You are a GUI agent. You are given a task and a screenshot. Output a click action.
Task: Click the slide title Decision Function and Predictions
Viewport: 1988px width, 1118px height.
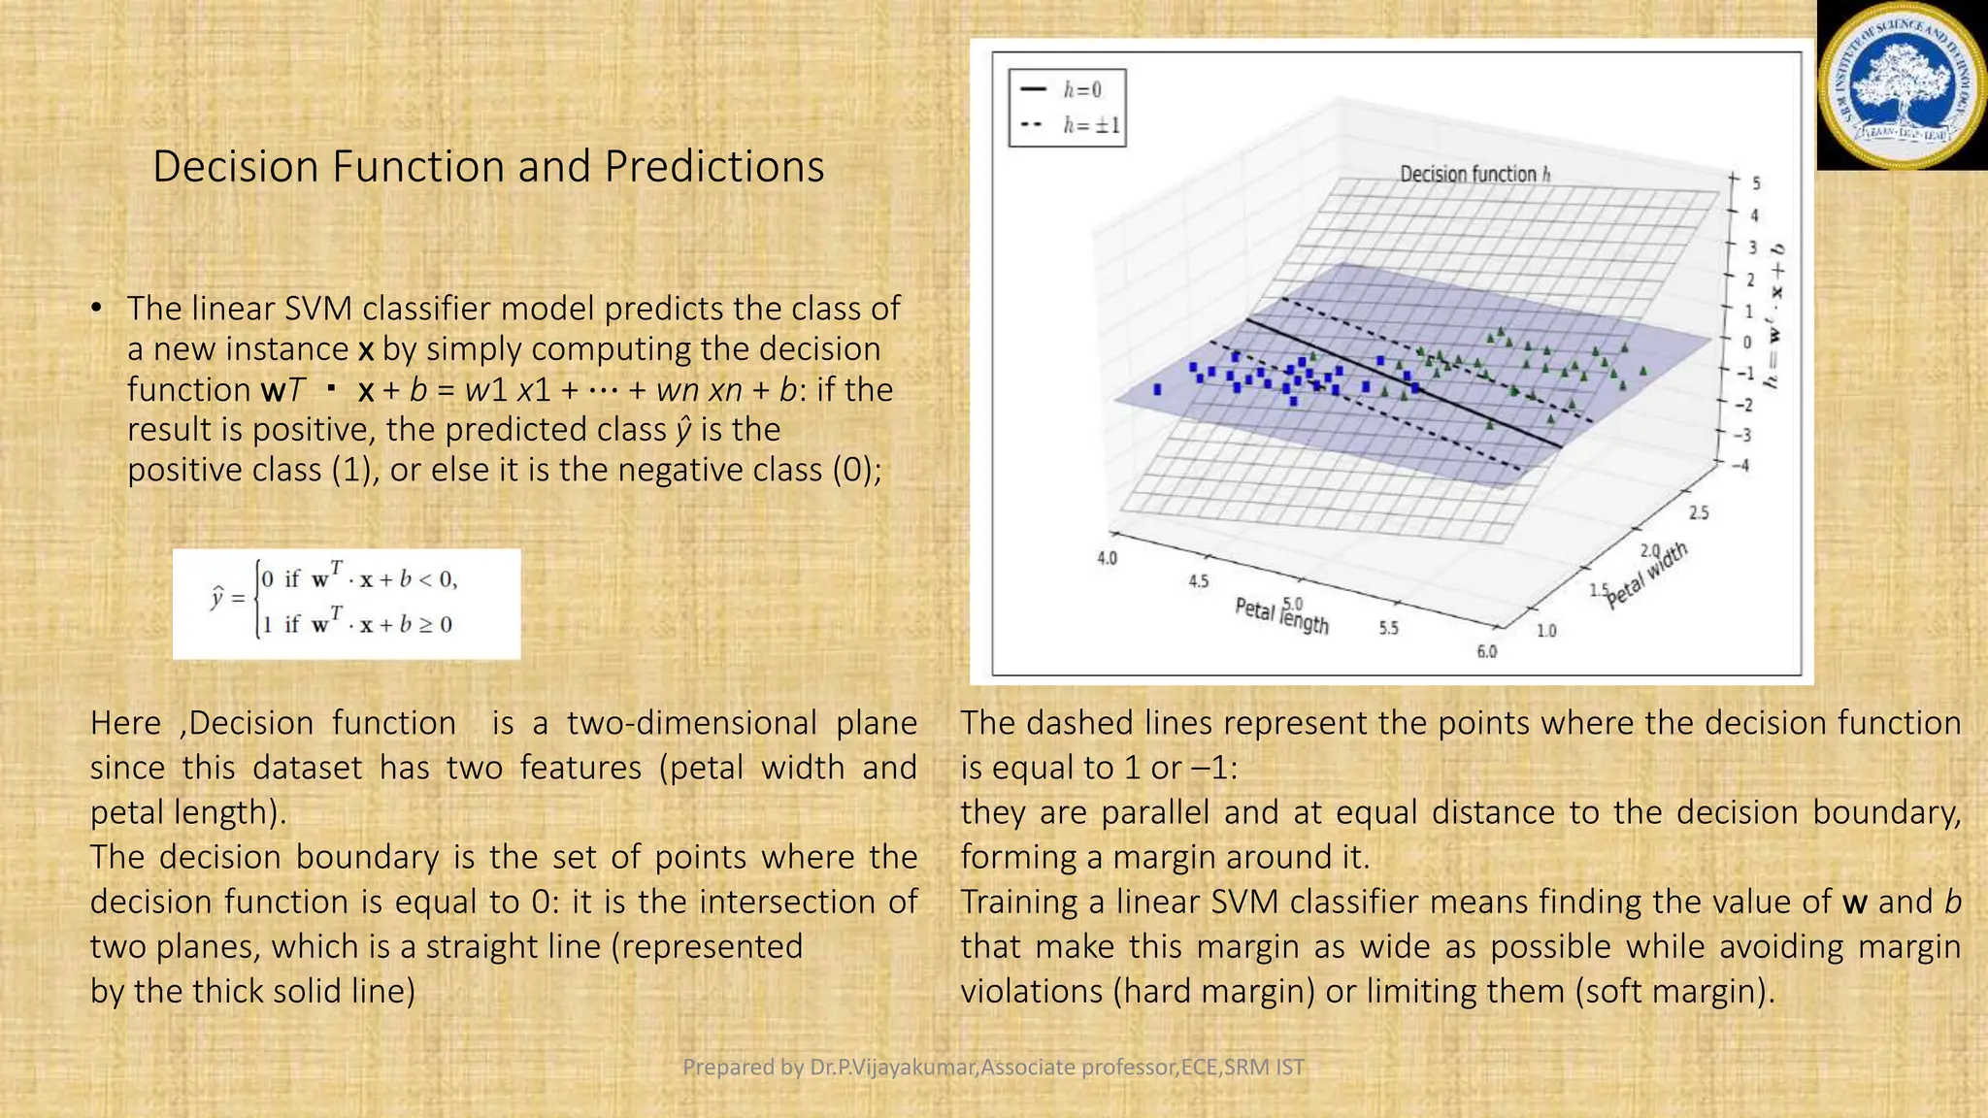[488, 166]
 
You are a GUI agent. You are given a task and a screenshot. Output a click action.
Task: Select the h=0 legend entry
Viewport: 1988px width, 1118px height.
[1067, 90]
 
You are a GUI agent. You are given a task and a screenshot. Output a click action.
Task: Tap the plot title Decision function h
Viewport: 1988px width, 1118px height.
[1474, 175]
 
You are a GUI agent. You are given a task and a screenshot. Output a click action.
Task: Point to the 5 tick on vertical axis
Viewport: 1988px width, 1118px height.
[1755, 182]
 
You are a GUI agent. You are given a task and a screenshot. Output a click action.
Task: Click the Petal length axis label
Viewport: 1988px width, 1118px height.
[1281, 615]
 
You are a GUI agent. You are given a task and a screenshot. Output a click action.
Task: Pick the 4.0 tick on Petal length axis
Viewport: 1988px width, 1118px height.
[1107, 558]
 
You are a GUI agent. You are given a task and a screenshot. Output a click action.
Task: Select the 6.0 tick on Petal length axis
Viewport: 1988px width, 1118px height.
[1486, 651]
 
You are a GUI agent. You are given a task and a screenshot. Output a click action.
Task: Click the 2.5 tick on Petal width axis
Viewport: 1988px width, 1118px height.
[1699, 512]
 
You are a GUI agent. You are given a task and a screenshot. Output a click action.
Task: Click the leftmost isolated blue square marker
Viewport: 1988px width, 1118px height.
[1157, 389]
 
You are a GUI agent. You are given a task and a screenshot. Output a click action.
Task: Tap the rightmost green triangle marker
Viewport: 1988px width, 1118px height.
[1643, 370]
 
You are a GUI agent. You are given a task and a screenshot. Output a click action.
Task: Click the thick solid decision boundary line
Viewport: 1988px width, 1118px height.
[1403, 382]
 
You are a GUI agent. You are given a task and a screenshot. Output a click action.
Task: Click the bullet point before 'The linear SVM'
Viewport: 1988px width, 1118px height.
[96, 309]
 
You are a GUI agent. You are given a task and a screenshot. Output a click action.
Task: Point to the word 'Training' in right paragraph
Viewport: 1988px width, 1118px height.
[1018, 902]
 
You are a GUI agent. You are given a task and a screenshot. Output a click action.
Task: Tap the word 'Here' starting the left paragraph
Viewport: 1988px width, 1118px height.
[125, 723]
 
